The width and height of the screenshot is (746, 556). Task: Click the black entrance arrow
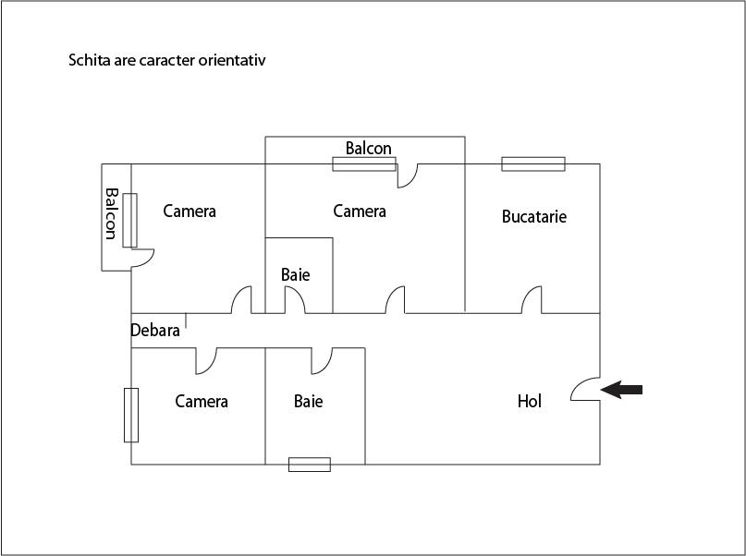621,390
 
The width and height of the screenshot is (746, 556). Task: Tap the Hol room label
530,401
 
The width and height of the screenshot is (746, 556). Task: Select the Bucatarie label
534,217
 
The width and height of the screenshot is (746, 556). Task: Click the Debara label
155,331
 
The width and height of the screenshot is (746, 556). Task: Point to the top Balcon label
369,149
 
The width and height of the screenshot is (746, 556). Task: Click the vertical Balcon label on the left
111,214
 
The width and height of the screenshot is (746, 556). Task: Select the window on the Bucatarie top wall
533,164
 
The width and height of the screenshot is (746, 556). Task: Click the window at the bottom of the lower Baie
310,465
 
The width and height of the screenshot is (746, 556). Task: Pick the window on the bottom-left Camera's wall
131,416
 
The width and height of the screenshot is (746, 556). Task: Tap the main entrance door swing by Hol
585,389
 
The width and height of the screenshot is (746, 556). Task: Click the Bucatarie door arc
532,300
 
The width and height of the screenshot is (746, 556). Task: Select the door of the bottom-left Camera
206,361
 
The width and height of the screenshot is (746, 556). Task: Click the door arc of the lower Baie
322,361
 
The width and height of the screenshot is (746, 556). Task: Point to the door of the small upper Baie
295,300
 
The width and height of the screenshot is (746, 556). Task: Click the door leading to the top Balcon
408,175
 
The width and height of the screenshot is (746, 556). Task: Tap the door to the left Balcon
142,258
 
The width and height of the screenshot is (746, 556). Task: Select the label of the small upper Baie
296,274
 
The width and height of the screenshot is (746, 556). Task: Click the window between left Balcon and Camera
130,221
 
